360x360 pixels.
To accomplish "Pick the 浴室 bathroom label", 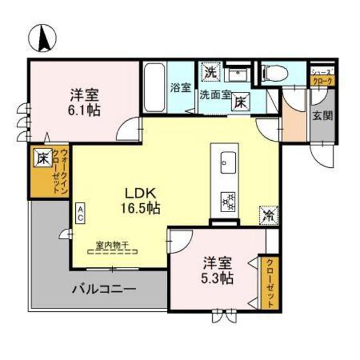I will coord(180,88).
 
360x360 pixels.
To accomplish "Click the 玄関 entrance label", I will coord(323,116).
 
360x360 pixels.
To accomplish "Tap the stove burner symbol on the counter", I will coord(228,201).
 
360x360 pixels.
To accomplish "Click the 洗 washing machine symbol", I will coord(210,72).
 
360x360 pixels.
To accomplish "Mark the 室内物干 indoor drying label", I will coord(113,244).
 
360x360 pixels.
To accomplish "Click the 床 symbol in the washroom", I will coord(241,101).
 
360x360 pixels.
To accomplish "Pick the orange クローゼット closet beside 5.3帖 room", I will coord(269,283).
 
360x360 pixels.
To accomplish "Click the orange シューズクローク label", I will coord(321,77).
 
